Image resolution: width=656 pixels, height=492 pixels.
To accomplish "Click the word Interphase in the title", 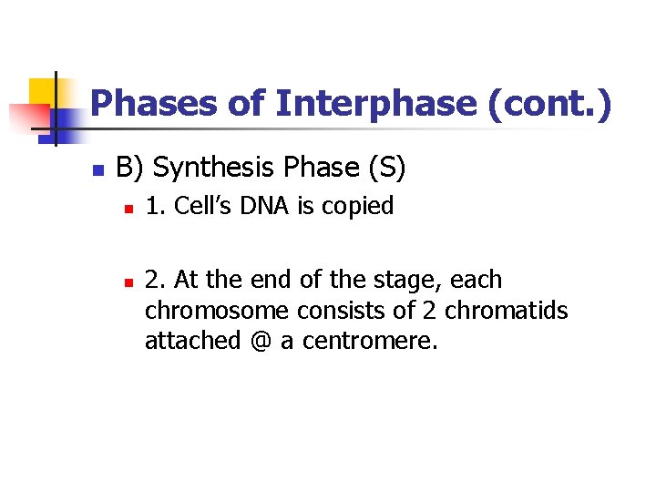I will [375, 104].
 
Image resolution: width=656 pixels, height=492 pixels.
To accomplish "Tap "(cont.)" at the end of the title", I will [550, 104].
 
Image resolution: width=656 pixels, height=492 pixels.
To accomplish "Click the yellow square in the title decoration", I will [43, 92].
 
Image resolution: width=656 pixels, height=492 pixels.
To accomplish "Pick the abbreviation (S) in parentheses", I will [386, 168].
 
